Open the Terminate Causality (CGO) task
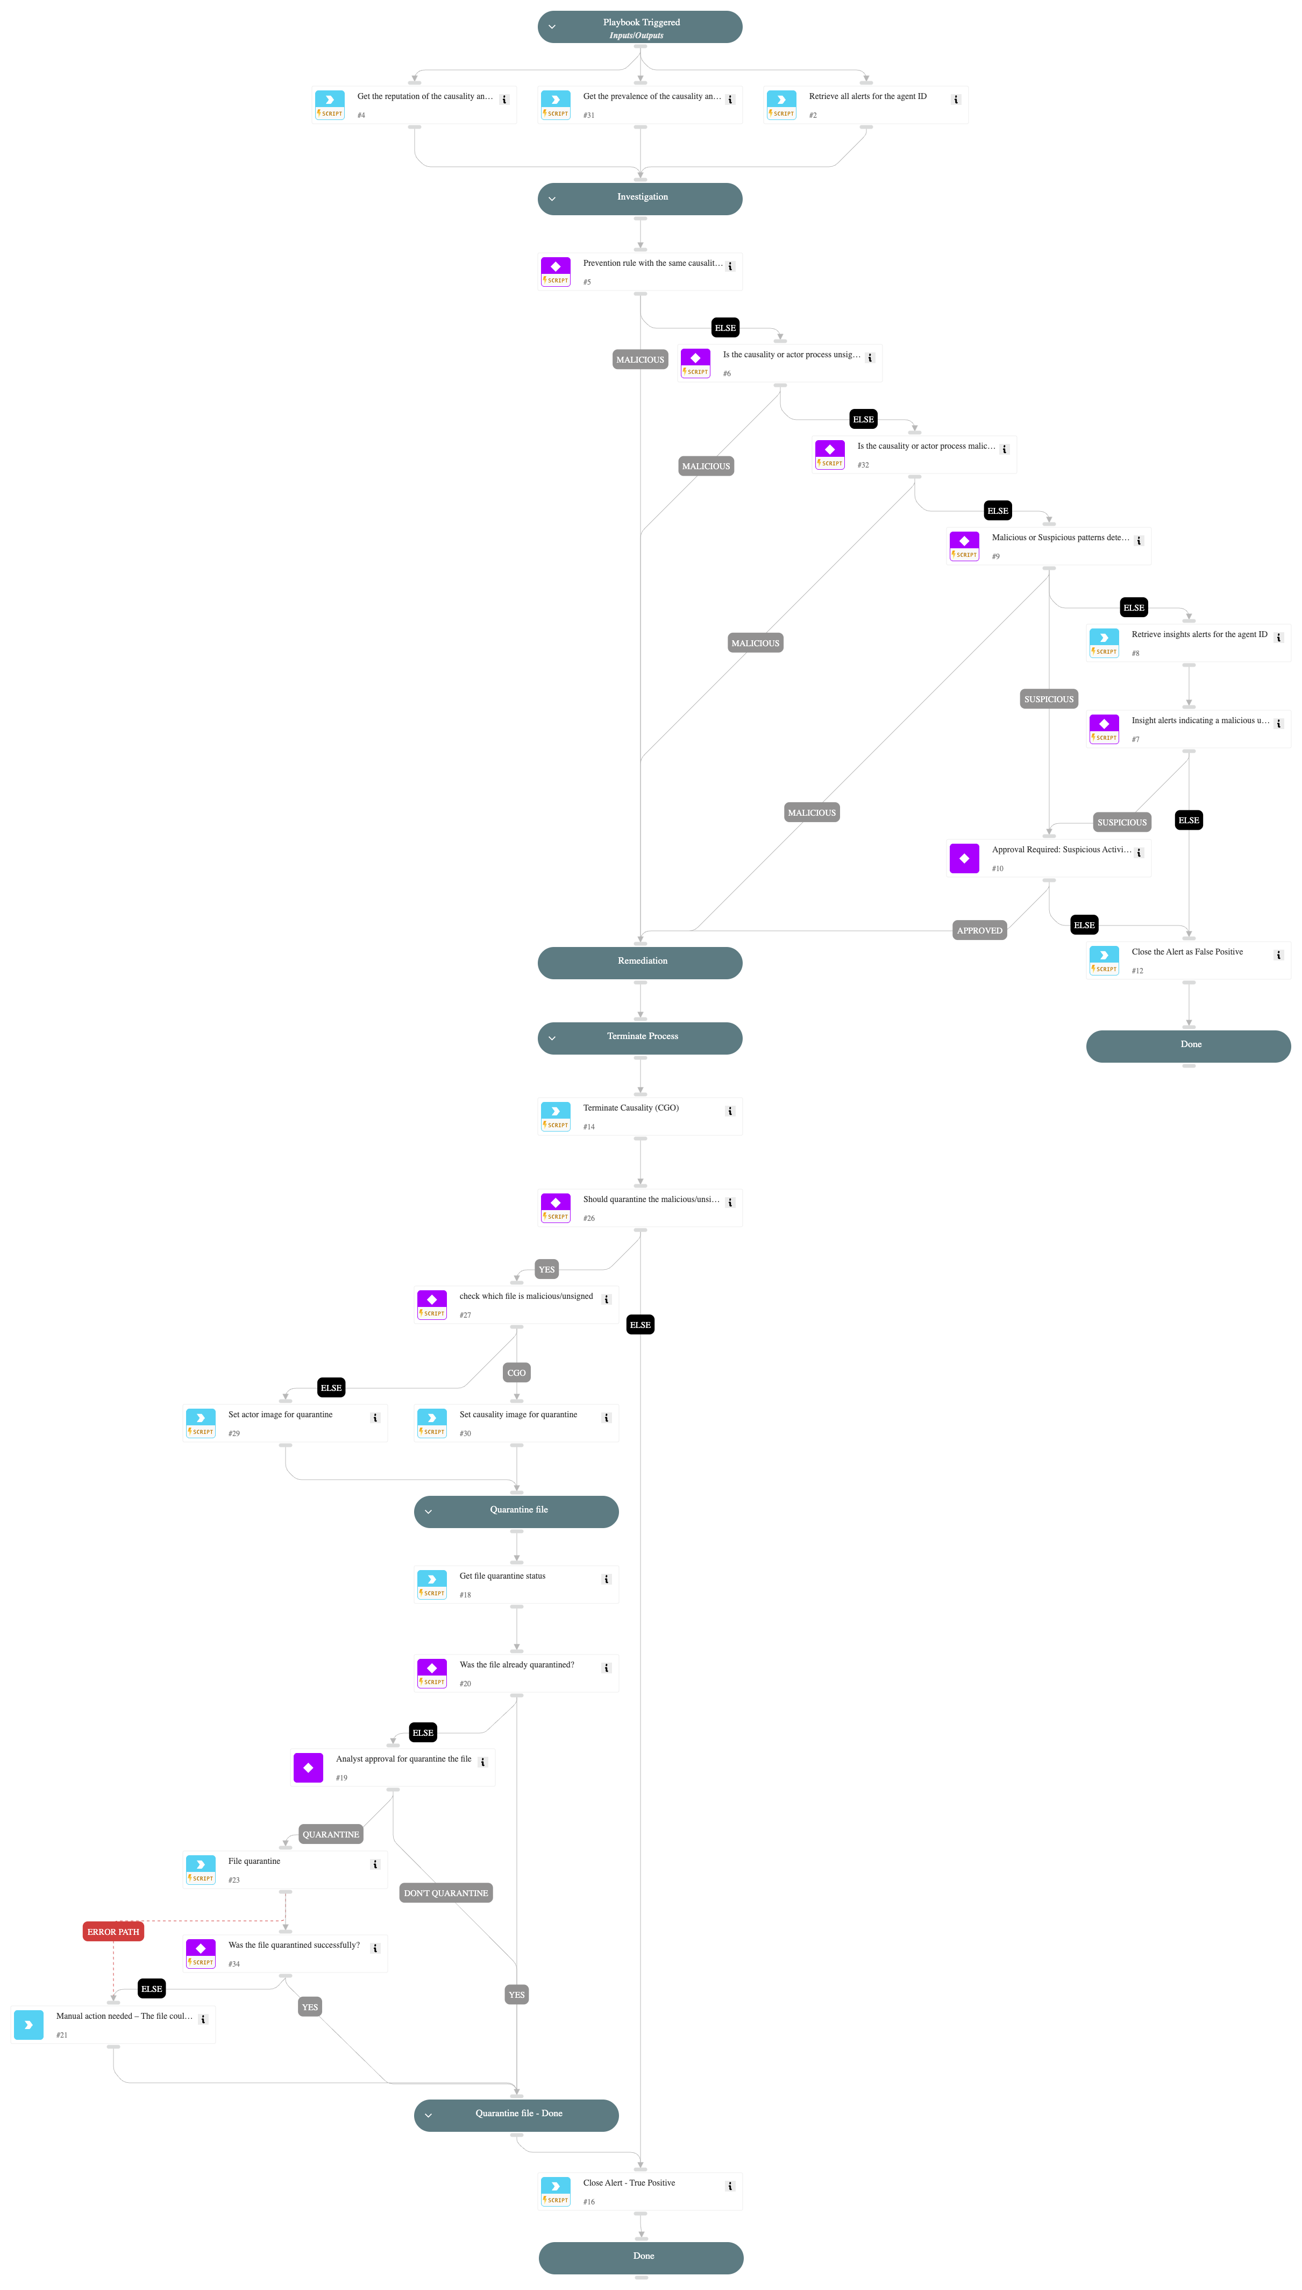639,1115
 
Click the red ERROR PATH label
113,1931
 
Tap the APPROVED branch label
979,930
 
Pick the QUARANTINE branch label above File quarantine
330,1834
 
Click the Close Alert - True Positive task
639,2190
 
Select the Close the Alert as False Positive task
1187,960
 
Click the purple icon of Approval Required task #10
964,858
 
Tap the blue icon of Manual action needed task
29,2024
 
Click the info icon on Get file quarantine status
606,1579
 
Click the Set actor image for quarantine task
284,1422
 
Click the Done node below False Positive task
1187,1045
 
